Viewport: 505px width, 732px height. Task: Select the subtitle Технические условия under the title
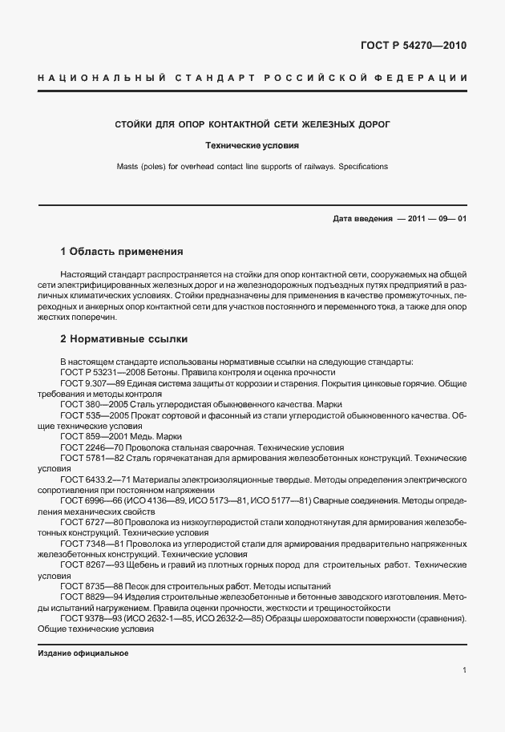(x=252, y=147)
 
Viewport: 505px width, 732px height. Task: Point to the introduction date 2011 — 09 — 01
(x=428, y=220)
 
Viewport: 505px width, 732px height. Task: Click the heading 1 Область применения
(x=122, y=251)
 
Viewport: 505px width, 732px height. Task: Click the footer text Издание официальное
(x=83, y=653)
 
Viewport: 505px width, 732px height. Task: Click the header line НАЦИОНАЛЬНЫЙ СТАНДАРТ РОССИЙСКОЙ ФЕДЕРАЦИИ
(x=252, y=78)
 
